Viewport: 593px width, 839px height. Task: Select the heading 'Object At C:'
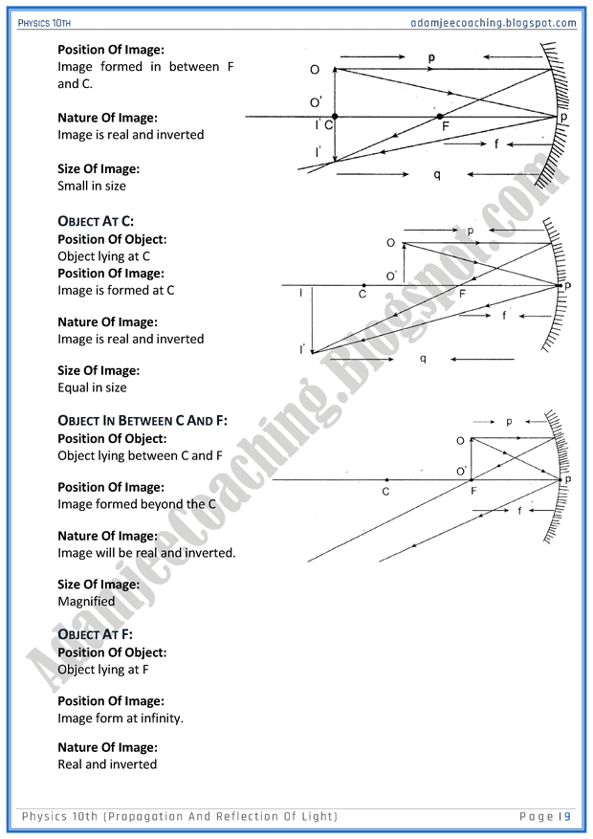click(x=96, y=222)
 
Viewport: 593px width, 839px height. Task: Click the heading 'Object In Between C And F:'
click(x=143, y=421)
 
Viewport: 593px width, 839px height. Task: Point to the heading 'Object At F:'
click(x=95, y=634)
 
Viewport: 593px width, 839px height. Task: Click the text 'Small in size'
click(x=92, y=186)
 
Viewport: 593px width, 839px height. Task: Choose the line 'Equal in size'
click(x=92, y=387)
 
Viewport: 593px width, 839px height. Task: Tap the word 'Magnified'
click(x=86, y=602)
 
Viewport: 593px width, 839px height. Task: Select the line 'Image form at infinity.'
click(x=121, y=718)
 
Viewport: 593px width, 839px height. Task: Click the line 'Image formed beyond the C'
click(x=137, y=504)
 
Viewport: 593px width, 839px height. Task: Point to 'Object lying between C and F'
click(x=140, y=455)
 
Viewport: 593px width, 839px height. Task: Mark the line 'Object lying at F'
click(x=103, y=670)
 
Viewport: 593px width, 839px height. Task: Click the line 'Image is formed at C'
click(x=116, y=290)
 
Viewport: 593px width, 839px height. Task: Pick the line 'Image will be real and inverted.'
click(x=146, y=553)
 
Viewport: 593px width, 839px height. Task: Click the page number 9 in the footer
click(x=567, y=816)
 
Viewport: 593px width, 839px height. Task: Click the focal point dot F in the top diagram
click(x=440, y=117)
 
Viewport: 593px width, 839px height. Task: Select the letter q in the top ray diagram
click(x=437, y=175)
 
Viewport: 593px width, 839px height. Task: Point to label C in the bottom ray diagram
click(x=385, y=492)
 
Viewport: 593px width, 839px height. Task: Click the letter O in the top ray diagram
click(x=315, y=70)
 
